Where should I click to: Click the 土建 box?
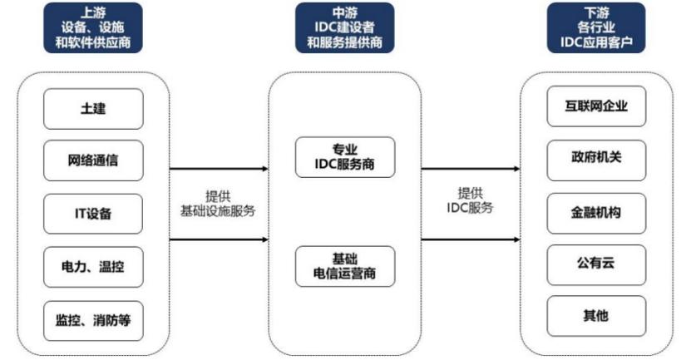[x=93, y=109]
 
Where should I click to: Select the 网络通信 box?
[x=93, y=160]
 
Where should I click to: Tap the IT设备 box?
[x=93, y=214]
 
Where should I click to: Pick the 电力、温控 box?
[x=93, y=267]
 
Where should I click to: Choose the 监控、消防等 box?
[x=93, y=320]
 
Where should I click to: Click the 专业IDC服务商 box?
[x=345, y=157]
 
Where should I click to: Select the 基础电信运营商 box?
[x=345, y=266]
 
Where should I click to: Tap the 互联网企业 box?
[x=596, y=106]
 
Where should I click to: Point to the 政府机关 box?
[x=596, y=160]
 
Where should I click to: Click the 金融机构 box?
[x=596, y=214]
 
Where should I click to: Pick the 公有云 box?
[x=596, y=265]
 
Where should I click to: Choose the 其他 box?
[x=596, y=316]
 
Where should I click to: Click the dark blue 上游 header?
[x=93, y=27]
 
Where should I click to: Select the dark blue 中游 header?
[x=344, y=27]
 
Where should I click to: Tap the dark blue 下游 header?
[x=596, y=27]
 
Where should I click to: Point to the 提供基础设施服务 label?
[x=218, y=204]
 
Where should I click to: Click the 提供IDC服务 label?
[x=470, y=200]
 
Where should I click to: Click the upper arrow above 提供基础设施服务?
[x=219, y=169]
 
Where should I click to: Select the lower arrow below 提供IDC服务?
[x=471, y=239]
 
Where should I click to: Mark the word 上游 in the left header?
[x=93, y=12]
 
